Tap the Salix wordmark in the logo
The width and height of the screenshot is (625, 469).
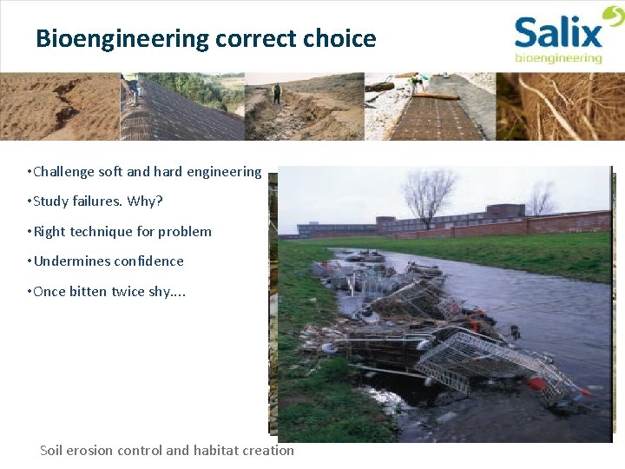point(557,34)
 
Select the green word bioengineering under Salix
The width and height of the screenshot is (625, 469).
point(558,58)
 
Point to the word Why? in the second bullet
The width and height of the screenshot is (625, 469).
point(144,201)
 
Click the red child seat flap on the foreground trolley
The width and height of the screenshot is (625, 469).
point(540,384)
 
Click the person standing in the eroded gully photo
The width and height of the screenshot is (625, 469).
point(277,93)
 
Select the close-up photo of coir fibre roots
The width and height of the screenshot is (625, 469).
point(560,106)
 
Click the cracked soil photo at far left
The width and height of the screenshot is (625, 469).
point(59,106)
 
